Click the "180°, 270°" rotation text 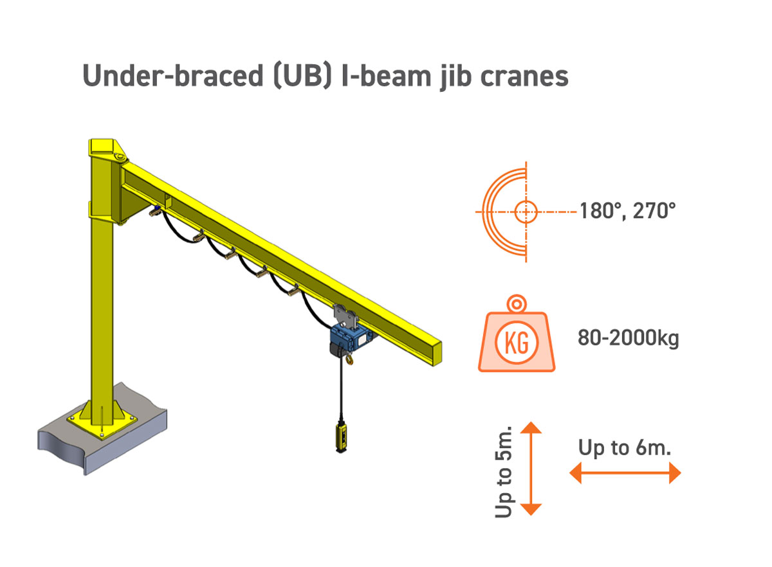[627, 210]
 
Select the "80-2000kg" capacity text [628, 338]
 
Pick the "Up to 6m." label [624, 447]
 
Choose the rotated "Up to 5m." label [504, 471]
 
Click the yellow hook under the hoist [349, 361]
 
